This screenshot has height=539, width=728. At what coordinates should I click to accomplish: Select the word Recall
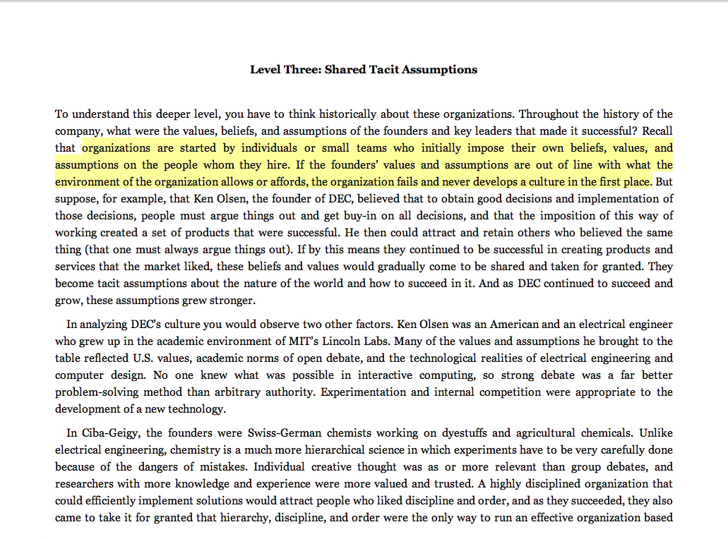[657, 131]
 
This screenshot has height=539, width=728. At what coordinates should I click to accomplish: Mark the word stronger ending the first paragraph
[232, 301]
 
